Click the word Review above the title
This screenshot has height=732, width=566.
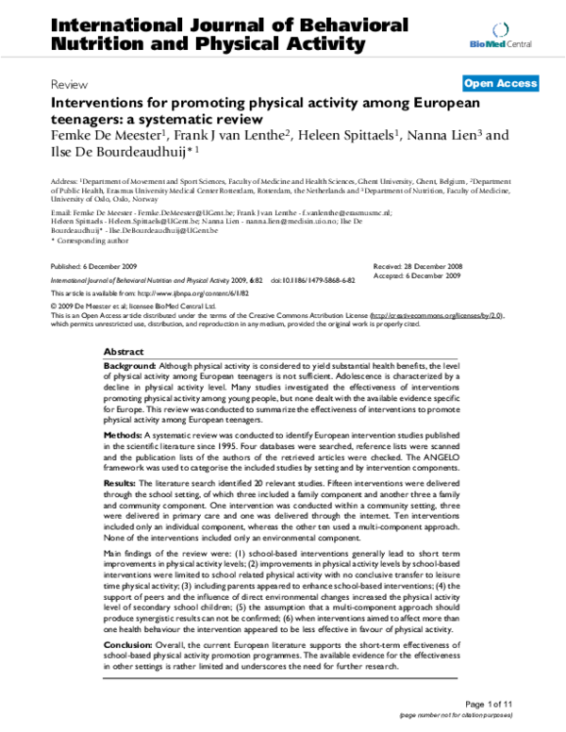[70, 84]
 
